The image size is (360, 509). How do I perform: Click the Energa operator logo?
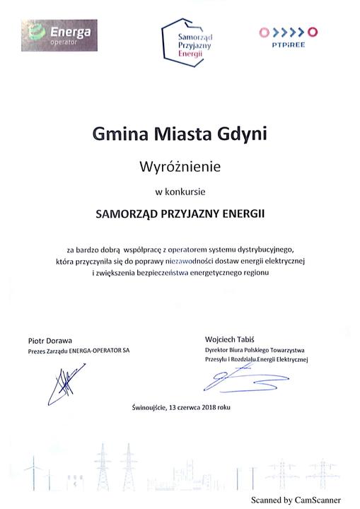pyautogui.click(x=60, y=33)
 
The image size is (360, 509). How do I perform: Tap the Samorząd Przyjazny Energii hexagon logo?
pyautogui.click(x=187, y=38)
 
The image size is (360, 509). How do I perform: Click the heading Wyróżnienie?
pyautogui.click(x=180, y=167)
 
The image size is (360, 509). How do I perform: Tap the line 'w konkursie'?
pyautogui.click(x=180, y=191)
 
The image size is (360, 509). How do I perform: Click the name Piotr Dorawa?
pyautogui.click(x=50, y=340)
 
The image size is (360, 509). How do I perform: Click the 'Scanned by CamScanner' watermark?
pyautogui.click(x=295, y=499)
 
